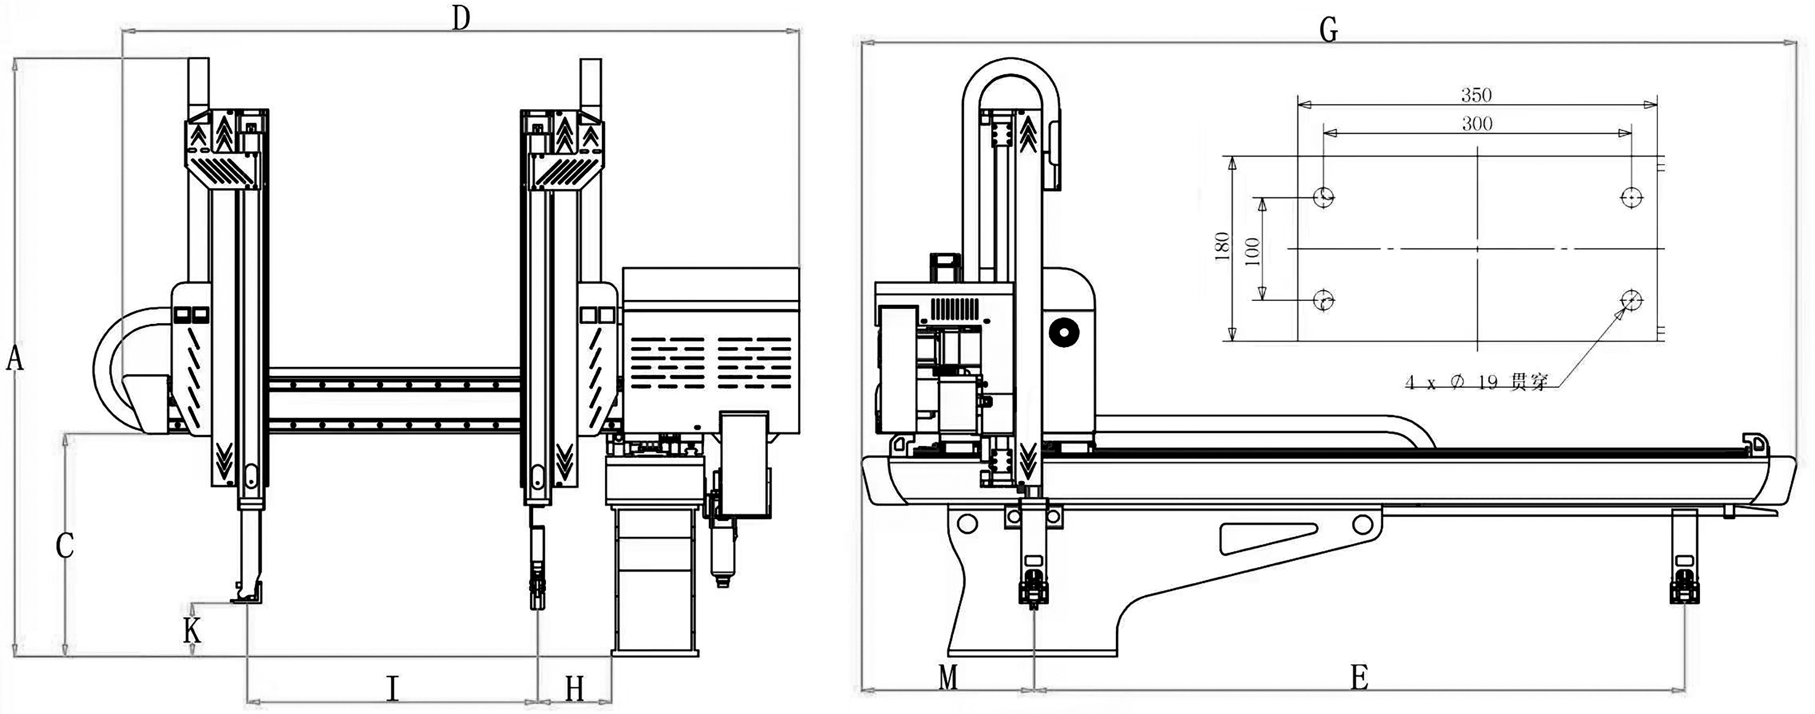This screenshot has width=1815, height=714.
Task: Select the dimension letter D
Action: click(461, 19)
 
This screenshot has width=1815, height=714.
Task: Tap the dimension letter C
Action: click(65, 546)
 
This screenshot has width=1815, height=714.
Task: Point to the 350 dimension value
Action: click(1476, 94)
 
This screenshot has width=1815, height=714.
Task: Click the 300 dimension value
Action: click(1477, 124)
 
